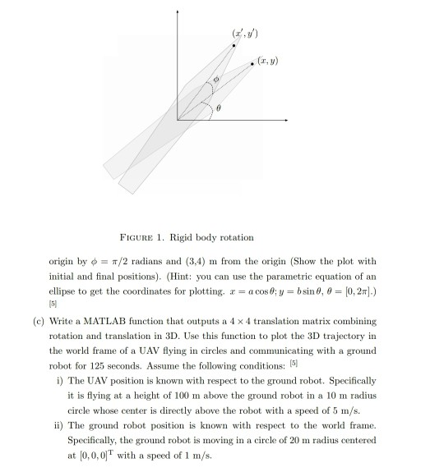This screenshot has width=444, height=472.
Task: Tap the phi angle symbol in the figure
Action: click(216, 80)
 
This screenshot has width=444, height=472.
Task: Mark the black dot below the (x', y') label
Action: click(234, 46)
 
